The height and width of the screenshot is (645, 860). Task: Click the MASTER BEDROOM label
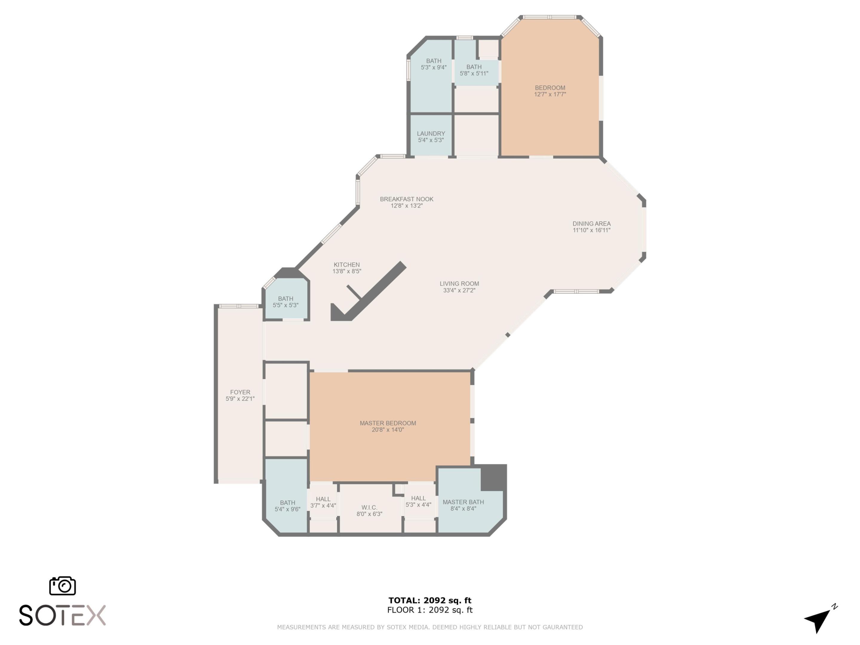click(x=388, y=423)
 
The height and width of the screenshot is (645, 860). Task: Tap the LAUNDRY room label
click(x=431, y=134)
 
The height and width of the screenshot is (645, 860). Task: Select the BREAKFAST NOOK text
click(x=406, y=199)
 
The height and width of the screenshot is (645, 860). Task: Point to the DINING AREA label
click(x=591, y=224)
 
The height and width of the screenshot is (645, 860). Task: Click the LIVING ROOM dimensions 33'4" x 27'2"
click(x=459, y=290)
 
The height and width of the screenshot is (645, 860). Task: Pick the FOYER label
click(x=240, y=392)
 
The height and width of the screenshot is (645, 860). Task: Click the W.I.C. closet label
click(x=369, y=507)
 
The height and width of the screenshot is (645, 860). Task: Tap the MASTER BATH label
click(x=463, y=502)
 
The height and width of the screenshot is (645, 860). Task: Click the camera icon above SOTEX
click(x=62, y=586)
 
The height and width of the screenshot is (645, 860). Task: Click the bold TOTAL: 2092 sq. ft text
click(x=430, y=600)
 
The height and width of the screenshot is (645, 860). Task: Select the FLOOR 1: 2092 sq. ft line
click(x=430, y=610)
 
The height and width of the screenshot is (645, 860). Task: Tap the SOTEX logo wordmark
click(x=62, y=615)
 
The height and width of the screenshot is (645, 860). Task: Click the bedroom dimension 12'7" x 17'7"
click(x=550, y=94)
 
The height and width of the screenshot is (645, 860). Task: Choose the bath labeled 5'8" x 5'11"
click(x=474, y=70)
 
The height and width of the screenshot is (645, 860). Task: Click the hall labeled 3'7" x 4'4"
click(x=323, y=502)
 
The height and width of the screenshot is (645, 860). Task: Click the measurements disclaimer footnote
click(x=430, y=627)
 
